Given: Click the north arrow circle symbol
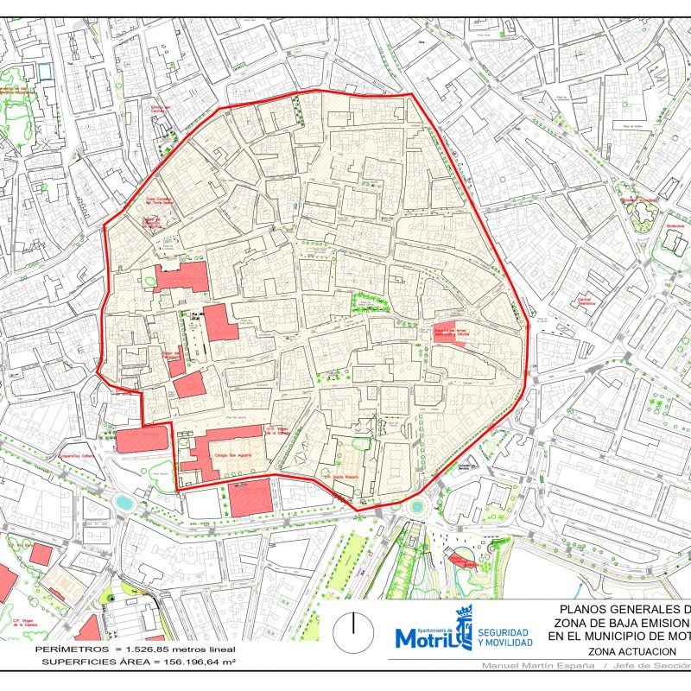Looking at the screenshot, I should click(x=352, y=633).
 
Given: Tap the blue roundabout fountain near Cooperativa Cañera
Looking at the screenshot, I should click(x=124, y=502).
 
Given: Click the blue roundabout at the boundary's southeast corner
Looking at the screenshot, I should click(x=418, y=506).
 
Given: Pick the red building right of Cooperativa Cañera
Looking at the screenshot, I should click(x=141, y=439).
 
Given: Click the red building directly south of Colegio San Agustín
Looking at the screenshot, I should click(x=250, y=498).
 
